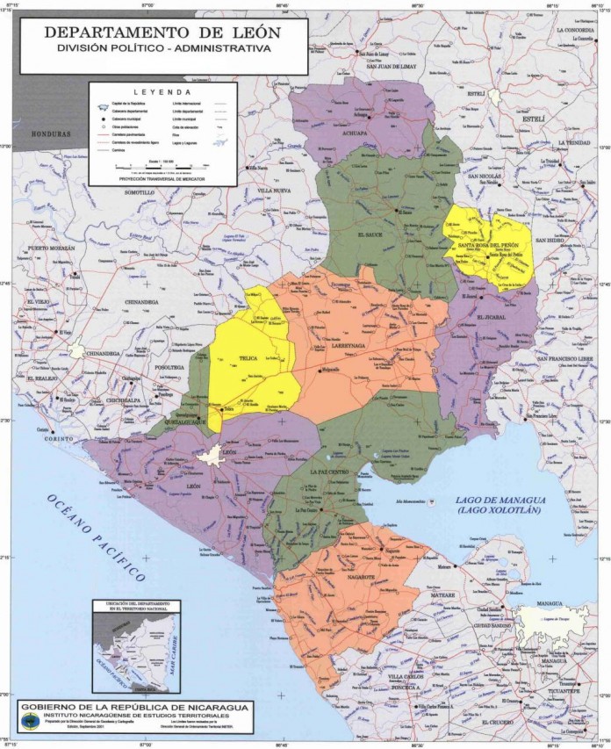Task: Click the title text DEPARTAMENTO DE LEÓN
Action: point(163,32)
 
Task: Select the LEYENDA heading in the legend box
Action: point(162,91)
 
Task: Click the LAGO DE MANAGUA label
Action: point(501,501)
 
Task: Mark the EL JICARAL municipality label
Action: point(492,317)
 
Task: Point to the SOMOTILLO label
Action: point(140,191)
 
